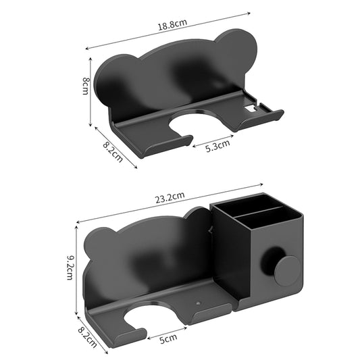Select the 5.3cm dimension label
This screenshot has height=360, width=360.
point(217,143)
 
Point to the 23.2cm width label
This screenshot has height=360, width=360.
point(170,197)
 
